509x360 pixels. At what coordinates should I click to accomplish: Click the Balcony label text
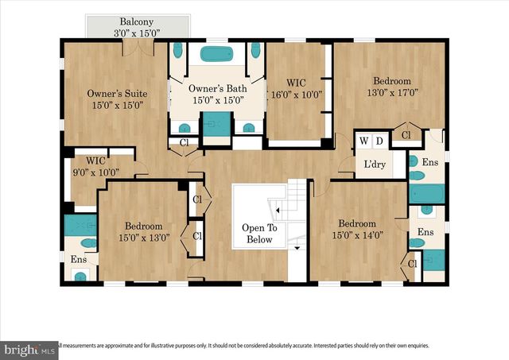(136, 21)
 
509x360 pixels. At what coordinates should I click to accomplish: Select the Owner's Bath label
(217, 94)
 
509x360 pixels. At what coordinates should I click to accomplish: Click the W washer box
(363, 141)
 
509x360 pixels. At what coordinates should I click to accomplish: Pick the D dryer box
(379, 141)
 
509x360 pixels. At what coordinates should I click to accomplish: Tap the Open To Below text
(258, 234)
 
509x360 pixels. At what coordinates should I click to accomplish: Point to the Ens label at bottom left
(79, 259)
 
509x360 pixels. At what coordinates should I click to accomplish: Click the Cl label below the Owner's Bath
(184, 143)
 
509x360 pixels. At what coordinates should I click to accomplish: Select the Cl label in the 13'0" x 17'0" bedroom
(406, 136)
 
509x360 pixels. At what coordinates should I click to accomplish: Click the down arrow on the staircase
(297, 248)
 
